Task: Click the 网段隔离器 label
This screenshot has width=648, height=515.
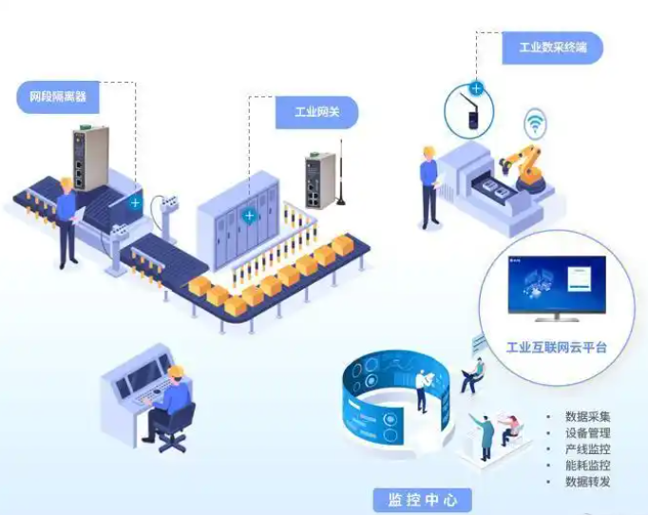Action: [59, 96]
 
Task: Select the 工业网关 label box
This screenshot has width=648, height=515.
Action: [316, 112]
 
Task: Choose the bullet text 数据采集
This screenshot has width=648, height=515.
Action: [587, 416]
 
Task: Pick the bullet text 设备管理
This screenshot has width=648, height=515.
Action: [587, 432]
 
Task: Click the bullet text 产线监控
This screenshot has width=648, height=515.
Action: [587, 448]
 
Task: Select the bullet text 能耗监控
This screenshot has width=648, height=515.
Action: [587, 465]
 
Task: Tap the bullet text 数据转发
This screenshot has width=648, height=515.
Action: [587, 481]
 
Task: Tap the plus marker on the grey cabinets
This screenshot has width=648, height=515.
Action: [249, 216]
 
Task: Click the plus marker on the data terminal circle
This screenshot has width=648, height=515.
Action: [476, 88]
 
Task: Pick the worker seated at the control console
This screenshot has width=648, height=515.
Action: [169, 404]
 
